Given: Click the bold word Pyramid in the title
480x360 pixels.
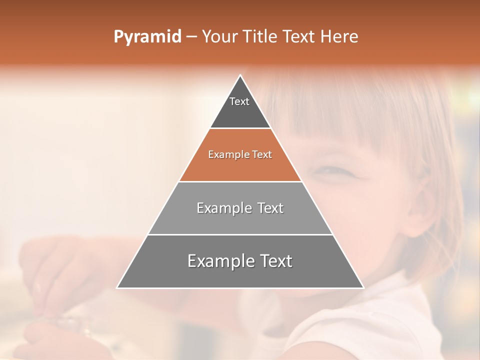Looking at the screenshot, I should pos(147,37).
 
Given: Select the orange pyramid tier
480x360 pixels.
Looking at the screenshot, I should pos(240,162).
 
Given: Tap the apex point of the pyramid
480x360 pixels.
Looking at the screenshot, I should pos(240,75).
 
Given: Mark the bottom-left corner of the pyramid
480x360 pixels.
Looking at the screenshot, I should pos(117,287).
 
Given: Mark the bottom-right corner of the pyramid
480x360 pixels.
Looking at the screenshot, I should pos(363,287).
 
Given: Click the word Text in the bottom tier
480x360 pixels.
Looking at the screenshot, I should pos(273,261).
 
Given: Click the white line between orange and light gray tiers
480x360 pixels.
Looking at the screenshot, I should pos(240,181).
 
